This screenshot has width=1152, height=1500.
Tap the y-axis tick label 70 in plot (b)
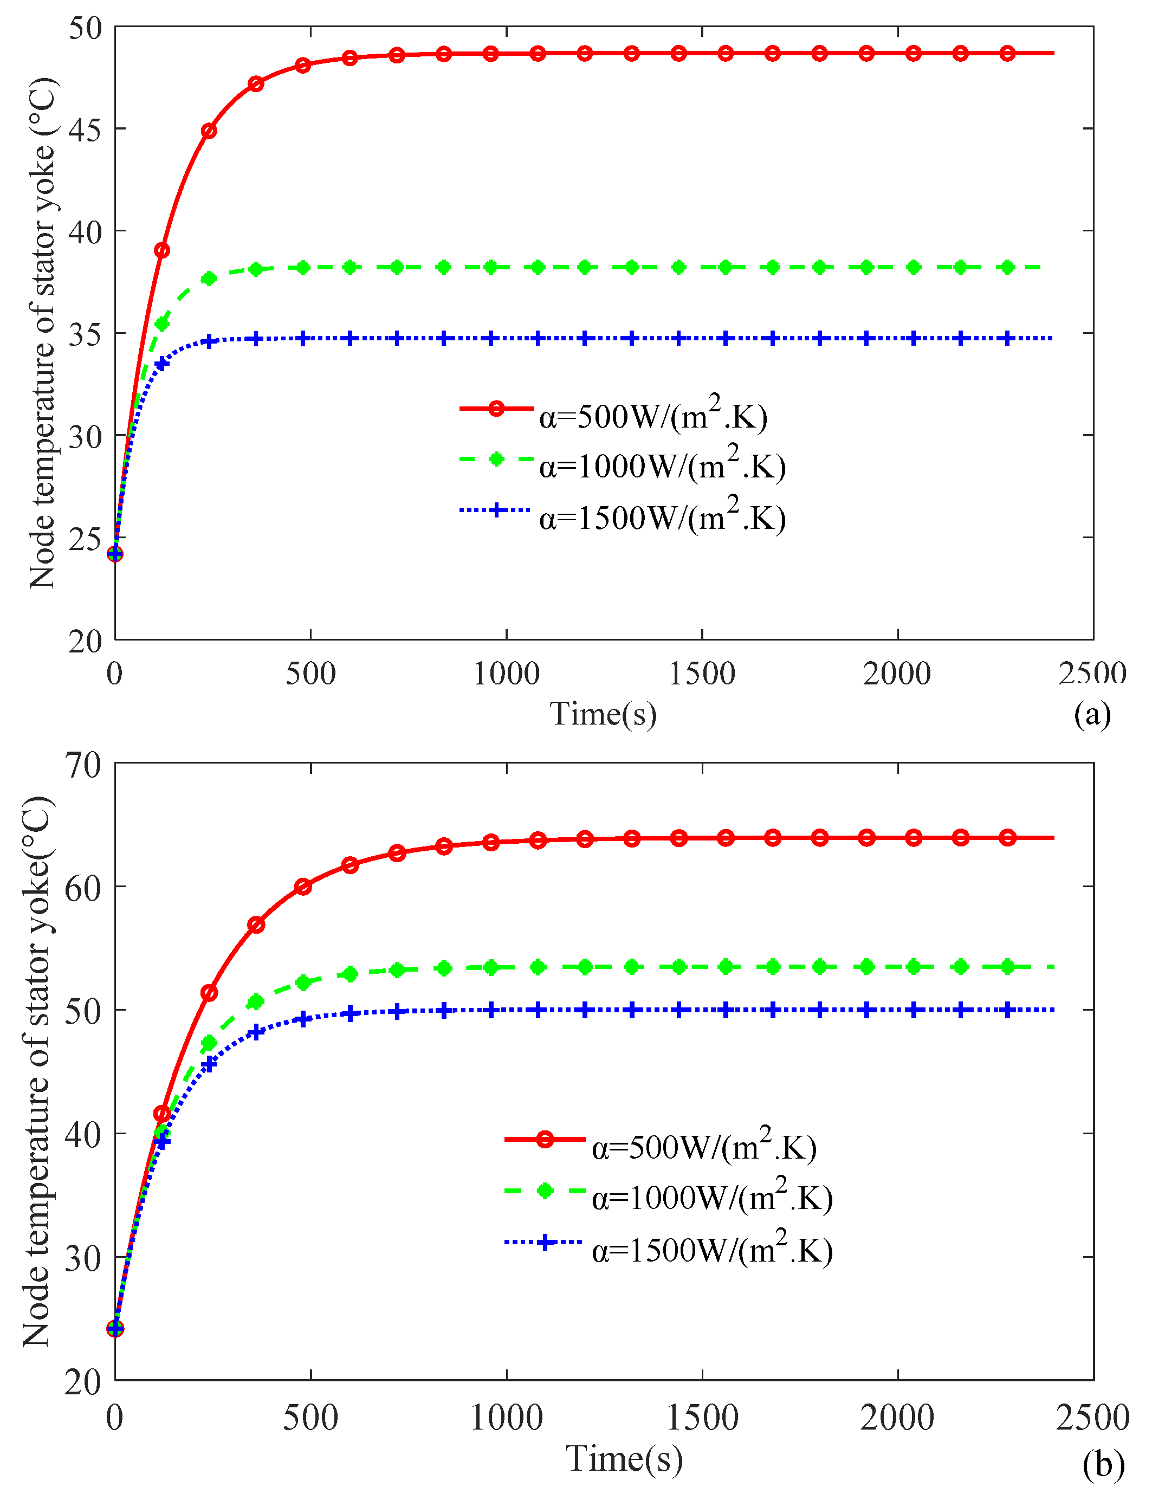(82, 765)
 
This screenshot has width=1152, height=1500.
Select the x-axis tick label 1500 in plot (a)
(702, 674)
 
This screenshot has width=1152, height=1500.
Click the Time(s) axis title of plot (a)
(604, 714)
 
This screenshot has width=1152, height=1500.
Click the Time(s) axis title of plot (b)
(624, 1458)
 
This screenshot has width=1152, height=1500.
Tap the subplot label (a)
(1092, 714)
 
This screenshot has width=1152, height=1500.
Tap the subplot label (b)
(1103, 1464)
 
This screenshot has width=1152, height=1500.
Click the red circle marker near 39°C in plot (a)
(162, 250)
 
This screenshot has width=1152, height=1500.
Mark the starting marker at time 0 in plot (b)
(115, 1329)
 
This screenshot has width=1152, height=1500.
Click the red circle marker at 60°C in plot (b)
(303, 886)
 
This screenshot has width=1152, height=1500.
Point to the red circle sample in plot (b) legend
(545, 1139)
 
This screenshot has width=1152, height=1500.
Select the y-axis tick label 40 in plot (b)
(82, 1134)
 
